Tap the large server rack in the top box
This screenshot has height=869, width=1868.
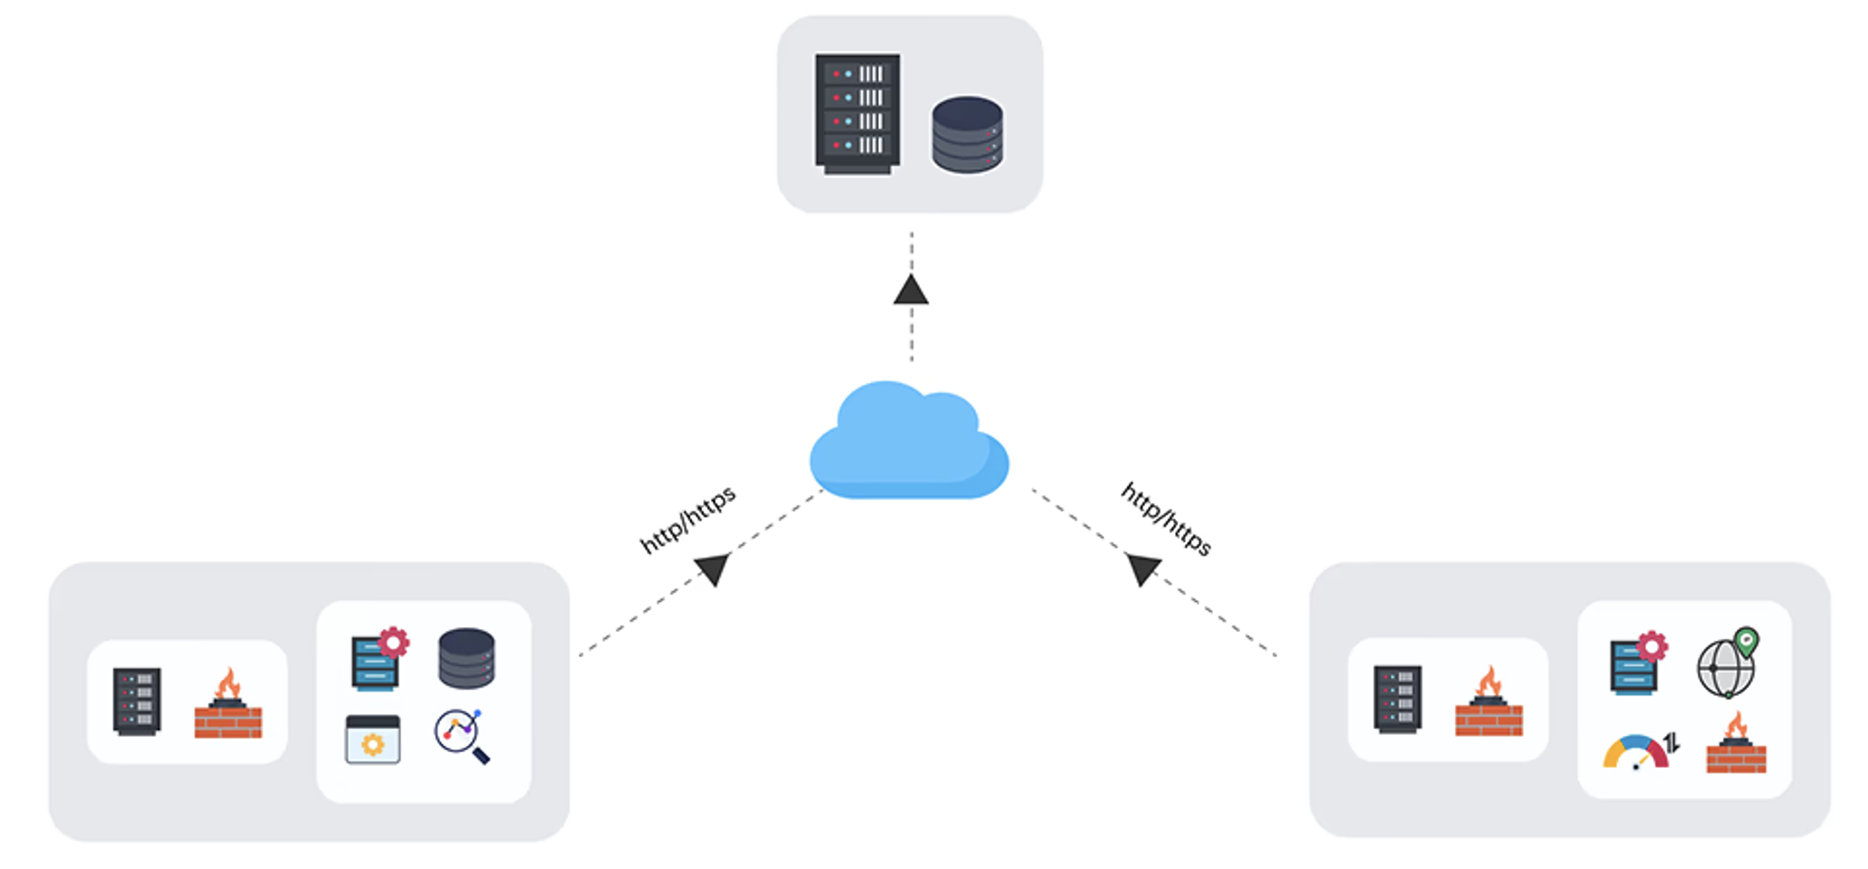(857, 113)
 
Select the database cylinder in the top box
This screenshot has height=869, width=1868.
(967, 135)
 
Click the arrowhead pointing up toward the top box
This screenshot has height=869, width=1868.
(910, 290)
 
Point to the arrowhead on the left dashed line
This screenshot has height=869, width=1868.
(714, 568)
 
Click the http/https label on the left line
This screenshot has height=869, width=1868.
(688, 520)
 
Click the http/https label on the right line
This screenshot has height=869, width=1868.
(1166, 519)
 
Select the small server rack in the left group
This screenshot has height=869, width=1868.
(137, 702)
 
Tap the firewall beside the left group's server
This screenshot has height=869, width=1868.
(228, 705)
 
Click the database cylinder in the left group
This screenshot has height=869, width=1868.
(467, 658)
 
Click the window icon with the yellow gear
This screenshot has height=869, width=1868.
(372, 740)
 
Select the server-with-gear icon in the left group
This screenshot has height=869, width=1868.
(379, 659)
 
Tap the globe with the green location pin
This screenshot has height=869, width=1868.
(1727, 664)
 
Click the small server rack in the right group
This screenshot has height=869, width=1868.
(1397, 699)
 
